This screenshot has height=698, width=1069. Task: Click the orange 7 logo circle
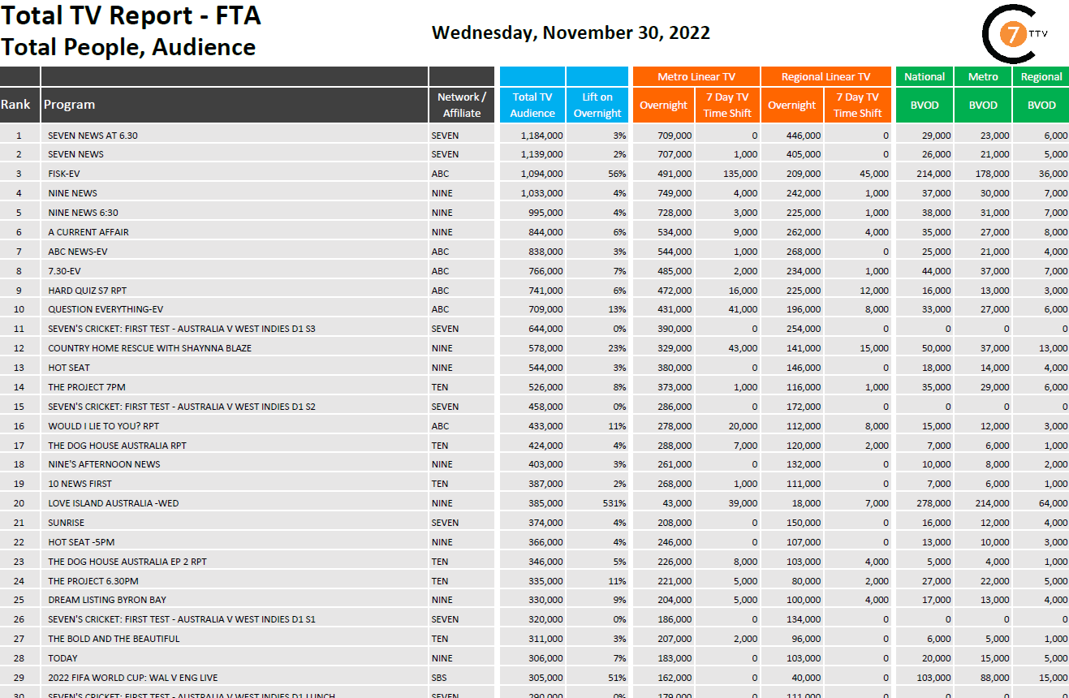[1011, 35]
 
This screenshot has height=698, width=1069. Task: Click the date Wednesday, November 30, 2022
[571, 33]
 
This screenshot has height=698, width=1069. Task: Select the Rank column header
[15, 105]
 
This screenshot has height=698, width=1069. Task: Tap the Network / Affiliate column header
[462, 105]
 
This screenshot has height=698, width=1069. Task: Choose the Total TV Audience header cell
[532, 105]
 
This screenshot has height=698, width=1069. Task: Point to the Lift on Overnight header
[597, 105]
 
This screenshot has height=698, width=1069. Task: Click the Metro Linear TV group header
[696, 77]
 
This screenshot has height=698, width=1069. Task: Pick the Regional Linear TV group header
[825, 77]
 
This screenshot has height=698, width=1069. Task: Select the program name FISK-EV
[64, 174]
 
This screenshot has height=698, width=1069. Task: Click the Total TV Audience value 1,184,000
[541, 136]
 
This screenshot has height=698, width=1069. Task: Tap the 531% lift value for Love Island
[613, 503]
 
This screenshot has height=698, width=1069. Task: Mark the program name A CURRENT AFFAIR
[88, 232]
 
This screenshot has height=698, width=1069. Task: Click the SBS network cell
[439, 678]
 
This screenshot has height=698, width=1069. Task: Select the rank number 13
[19, 368]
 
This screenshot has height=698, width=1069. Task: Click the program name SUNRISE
[66, 523]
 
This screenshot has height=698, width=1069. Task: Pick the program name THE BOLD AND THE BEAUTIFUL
[114, 639]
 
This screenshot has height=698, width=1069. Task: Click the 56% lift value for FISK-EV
[615, 174]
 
